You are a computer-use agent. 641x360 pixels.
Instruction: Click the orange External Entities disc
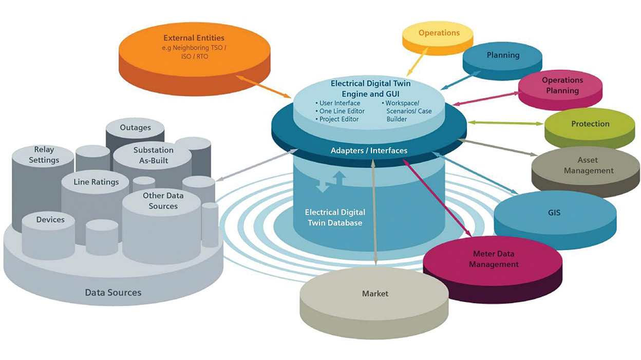click(x=194, y=51)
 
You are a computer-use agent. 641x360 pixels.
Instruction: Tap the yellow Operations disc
click(x=439, y=34)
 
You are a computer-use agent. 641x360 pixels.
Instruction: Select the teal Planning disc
click(x=503, y=55)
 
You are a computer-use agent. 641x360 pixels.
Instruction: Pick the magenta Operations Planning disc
click(x=562, y=86)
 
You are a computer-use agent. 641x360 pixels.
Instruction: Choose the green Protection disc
click(x=590, y=124)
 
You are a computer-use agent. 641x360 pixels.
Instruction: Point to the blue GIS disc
click(x=554, y=212)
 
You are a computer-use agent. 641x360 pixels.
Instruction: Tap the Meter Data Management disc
click(x=493, y=259)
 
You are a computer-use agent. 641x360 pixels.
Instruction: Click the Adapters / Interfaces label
click(x=369, y=150)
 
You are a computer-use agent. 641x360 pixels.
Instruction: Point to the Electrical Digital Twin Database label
click(x=335, y=217)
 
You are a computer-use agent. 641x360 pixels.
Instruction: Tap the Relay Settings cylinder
click(x=44, y=155)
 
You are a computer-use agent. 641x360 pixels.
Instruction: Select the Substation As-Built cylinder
click(x=153, y=155)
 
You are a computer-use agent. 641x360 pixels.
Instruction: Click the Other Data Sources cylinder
click(x=163, y=201)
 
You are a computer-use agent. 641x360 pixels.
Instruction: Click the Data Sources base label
click(x=113, y=293)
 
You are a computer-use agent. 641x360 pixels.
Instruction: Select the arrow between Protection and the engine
click(x=505, y=123)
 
